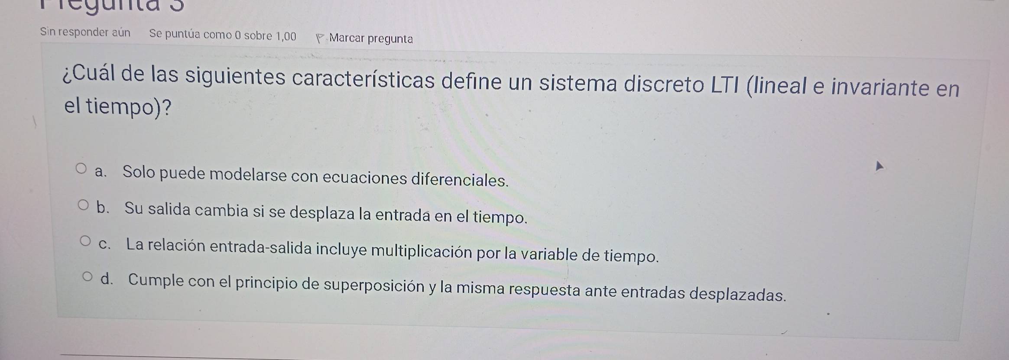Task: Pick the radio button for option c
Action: pyautogui.click(x=86, y=241)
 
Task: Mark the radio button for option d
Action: pyautogui.click(x=88, y=277)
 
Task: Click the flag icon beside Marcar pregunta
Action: pyautogui.click(x=320, y=39)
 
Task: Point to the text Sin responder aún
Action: pyautogui.click(x=85, y=32)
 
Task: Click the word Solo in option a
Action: pyautogui.click(x=139, y=172)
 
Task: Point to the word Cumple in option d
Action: pyautogui.click(x=156, y=280)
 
